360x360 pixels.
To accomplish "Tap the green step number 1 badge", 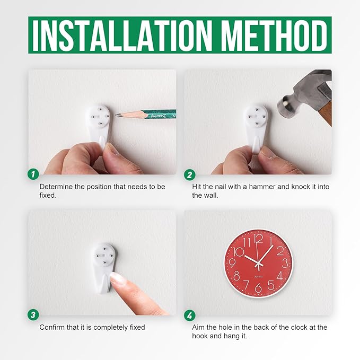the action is point(33,174).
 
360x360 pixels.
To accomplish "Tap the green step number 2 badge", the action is point(190,175).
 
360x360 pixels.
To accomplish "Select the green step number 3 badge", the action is point(33,314).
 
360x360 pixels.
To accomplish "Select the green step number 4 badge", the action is point(190,315).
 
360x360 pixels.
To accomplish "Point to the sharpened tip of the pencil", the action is point(117,115).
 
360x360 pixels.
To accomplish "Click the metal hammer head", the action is point(305,92).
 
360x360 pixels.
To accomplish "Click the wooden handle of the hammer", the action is point(325,113).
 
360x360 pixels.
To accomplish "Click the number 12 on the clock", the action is point(259,239).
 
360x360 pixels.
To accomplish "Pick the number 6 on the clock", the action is point(258,288).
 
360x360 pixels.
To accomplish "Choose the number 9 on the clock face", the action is point(232,262).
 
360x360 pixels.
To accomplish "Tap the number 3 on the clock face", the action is point(285,263).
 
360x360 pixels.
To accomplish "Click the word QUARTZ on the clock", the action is point(258,276).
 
